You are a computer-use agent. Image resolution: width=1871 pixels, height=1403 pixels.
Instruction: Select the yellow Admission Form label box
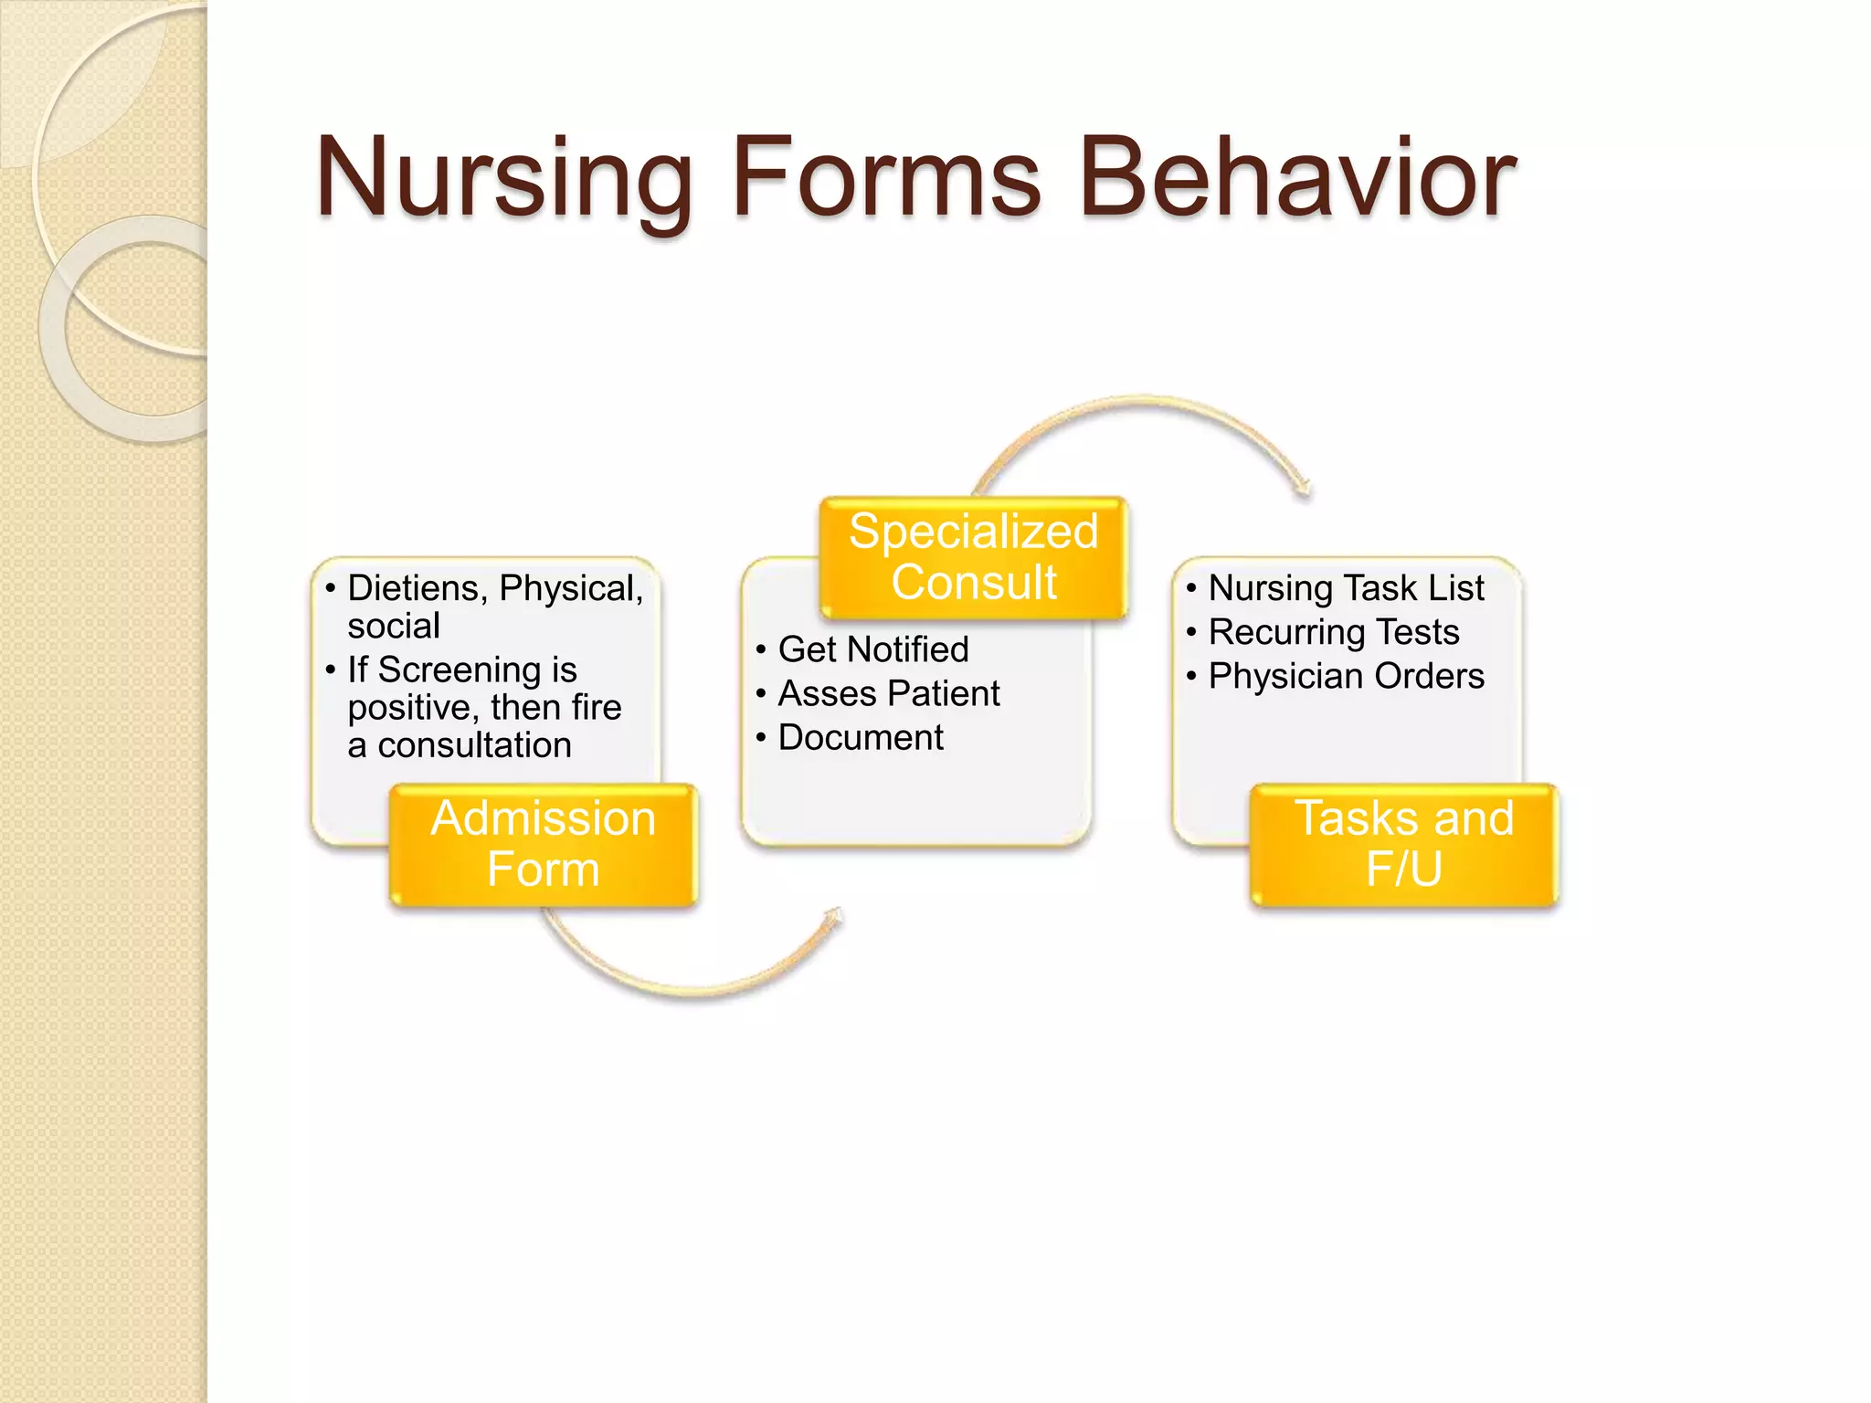coord(544,844)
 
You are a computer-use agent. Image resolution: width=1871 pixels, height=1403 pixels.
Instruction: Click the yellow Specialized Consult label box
coord(974,557)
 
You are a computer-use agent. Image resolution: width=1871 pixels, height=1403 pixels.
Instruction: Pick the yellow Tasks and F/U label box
coord(1404,844)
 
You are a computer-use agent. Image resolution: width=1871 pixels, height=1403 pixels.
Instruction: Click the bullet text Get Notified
coord(872,649)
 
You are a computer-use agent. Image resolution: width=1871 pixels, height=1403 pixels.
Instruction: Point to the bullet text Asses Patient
coord(888,693)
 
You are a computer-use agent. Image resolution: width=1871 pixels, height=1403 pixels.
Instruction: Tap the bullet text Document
coord(861,737)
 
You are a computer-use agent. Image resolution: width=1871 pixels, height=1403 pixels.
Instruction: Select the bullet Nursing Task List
coord(1346,588)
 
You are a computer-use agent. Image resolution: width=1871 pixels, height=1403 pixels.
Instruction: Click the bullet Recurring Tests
coord(1333,632)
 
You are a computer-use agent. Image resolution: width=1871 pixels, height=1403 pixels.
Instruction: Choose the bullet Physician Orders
coord(1346,676)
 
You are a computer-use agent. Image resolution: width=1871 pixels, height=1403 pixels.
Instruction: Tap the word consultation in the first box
coord(474,745)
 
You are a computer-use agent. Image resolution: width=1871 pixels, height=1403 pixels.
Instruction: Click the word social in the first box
coord(394,627)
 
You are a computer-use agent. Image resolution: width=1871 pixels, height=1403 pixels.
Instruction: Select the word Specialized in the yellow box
coord(974,532)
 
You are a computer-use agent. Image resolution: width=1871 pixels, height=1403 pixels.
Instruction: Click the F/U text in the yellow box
coord(1404,869)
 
